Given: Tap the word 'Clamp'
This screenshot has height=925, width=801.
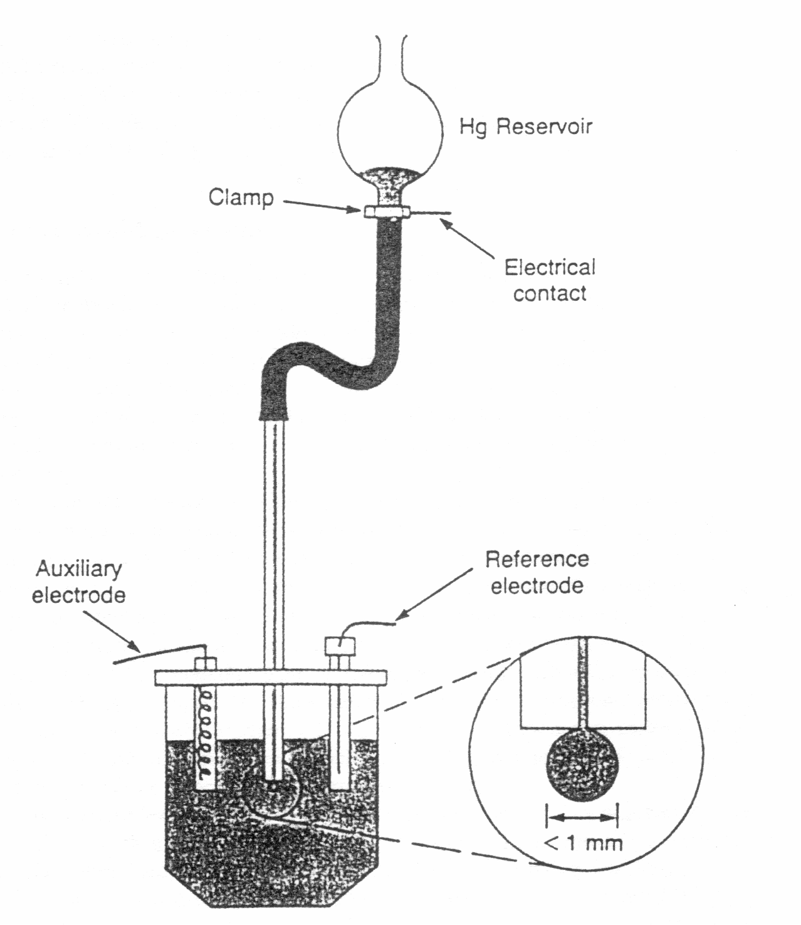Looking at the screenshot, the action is point(241,198).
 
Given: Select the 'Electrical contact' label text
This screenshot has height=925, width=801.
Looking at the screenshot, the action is point(550,281).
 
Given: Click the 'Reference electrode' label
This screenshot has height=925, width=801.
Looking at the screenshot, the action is point(537,573).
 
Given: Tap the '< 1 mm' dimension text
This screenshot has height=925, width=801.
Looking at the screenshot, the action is point(583,844).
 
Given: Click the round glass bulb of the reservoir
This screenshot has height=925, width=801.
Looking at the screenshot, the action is point(390,130).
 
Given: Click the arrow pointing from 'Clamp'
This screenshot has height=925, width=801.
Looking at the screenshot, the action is point(322,205).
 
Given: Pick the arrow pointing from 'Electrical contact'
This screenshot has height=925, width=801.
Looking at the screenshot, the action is point(468,239).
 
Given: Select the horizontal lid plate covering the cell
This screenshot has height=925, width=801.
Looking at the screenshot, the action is point(271,678).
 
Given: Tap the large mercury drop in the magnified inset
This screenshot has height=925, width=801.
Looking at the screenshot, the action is point(583,765).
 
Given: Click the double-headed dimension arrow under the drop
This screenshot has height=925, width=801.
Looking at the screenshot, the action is point(582,818).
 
